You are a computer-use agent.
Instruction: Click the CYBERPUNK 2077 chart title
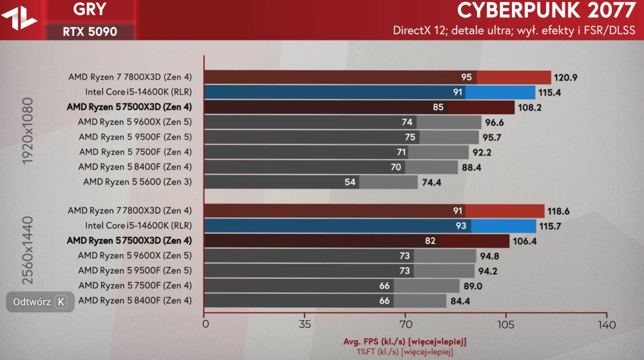[545, 11]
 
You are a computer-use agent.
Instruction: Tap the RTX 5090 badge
[90, 31]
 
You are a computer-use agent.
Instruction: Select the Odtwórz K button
[39, 301]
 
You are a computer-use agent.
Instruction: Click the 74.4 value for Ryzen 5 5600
[432, 182]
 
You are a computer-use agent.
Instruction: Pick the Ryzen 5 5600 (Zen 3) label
[137, 182]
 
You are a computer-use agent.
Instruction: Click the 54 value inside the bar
[350, 182]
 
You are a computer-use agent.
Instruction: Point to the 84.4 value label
[460, 301]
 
